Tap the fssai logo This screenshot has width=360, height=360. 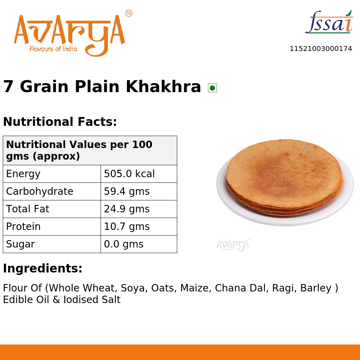329,22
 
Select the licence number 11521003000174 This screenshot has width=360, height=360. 321,49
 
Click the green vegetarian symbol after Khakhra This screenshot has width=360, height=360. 212,88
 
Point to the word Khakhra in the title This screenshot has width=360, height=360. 163,86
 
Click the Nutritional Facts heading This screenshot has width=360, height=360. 60,122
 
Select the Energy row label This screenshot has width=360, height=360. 23,174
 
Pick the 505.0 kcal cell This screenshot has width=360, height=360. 129,174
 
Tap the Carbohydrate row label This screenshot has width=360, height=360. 40,192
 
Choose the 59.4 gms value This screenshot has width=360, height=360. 127,192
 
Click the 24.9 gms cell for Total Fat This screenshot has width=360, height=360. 127,209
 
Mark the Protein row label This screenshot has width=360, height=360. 23,227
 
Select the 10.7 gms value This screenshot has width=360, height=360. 127,227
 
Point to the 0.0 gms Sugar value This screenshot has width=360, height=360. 123,244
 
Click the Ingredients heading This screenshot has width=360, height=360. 43,269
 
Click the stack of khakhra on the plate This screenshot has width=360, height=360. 284,178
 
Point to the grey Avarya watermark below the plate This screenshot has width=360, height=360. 233,245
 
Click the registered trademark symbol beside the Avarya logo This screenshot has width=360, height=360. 129,14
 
